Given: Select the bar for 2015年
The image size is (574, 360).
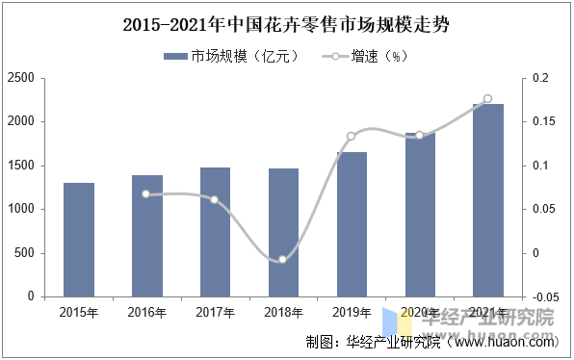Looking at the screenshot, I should point(79,240).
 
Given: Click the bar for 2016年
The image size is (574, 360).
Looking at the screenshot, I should point(147,236).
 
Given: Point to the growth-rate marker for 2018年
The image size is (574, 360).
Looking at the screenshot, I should point(282,259).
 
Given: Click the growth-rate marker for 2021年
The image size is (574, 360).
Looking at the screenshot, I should point(487,99).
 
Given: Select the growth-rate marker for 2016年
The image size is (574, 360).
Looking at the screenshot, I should point(146,193).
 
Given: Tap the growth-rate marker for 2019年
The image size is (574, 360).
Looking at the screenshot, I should point(351,137).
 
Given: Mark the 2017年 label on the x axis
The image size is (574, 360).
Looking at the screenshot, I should point(215,313).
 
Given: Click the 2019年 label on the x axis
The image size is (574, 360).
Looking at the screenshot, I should point(351,313).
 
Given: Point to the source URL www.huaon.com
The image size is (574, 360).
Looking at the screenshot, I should point(504,342).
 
